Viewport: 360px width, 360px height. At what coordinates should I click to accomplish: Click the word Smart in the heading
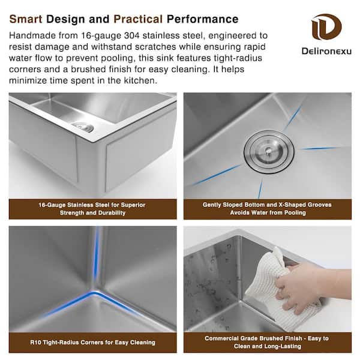26,19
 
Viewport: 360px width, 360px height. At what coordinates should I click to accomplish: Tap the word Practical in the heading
138,19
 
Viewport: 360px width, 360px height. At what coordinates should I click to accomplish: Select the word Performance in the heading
203,19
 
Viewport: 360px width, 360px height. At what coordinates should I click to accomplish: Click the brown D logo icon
326,26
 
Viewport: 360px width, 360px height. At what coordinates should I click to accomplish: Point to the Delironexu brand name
326,51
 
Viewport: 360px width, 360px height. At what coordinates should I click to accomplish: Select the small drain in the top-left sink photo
82,127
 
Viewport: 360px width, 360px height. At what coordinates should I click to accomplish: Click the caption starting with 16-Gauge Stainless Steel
92,209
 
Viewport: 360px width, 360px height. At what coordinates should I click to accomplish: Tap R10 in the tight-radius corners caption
35,343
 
